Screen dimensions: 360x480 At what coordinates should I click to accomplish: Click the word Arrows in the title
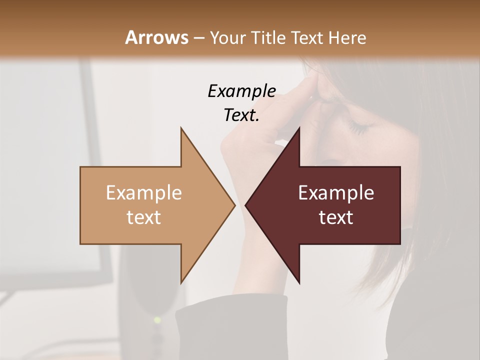157,37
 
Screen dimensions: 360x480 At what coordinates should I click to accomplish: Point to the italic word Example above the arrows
241,91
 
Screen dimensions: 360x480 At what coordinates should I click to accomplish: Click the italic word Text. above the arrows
241,115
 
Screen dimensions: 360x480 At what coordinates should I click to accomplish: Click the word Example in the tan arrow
144,193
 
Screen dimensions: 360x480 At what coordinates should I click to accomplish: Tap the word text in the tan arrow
144,217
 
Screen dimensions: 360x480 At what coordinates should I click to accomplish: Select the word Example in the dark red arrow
336,193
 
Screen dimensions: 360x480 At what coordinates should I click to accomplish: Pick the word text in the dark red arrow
336,217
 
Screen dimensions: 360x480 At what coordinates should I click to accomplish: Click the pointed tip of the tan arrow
234,205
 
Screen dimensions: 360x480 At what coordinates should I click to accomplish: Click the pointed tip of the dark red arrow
246,205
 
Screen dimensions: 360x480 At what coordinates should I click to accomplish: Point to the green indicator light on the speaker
157,319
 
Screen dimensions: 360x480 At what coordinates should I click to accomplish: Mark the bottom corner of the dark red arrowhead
299,282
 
